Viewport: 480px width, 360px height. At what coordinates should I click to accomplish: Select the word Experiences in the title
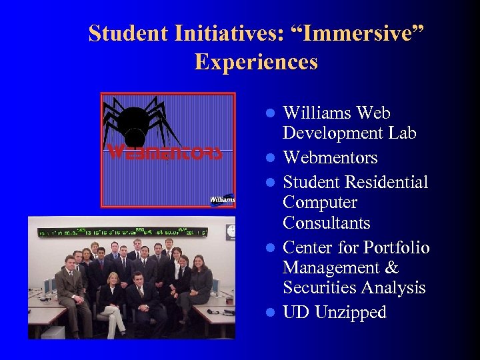[x=256, y=62]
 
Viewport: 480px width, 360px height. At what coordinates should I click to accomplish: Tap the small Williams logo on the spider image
[x=222, y=199]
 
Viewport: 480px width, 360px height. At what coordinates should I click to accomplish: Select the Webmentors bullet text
[x=330, y=158]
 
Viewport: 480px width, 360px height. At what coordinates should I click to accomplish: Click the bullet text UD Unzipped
[x=334, y=312]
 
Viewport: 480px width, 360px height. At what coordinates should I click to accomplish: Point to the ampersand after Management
[x=391, y=268]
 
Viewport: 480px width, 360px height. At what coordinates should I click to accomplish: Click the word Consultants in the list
[x=326, y=223]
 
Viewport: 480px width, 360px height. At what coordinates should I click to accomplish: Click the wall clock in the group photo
[x=231, y=231]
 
